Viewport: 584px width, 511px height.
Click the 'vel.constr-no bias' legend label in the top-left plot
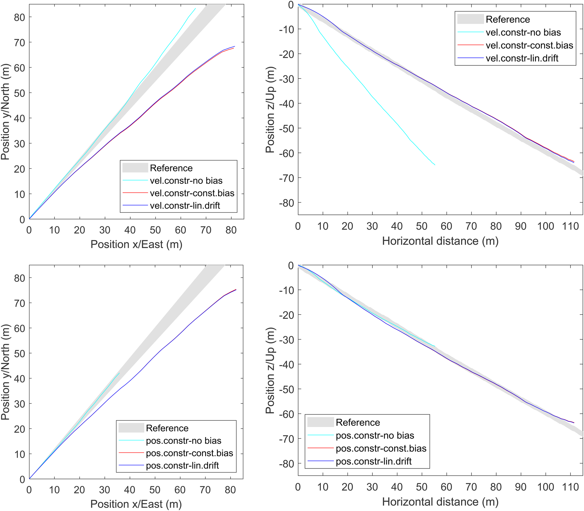(186, 180)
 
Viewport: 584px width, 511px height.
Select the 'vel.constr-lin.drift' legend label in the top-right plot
(522, 58)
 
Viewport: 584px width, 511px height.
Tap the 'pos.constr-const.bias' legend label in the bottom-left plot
(189, 453)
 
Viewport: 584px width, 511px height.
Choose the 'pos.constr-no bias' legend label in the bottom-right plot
(375, 435)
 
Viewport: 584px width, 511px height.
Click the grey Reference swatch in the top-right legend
(470, 19)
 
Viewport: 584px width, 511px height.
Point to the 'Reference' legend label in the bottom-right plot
(358, 422)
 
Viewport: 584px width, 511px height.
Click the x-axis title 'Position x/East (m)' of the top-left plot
(136, 244)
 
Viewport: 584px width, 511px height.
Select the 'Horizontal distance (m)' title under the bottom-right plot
(440, 502)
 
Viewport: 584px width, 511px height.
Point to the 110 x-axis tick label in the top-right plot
(570, 226)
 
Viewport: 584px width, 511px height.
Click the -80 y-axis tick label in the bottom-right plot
(286, 464)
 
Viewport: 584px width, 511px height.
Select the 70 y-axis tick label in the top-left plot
(19, 42)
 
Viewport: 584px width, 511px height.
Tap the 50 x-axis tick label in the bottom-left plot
(155, 490)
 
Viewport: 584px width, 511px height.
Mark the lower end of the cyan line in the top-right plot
(435, 165)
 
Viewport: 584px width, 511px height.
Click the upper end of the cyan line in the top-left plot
(195, 8)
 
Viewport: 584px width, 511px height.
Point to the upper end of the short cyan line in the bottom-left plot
(119, 373)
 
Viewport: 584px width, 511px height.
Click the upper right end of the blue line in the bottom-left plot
(236, 290)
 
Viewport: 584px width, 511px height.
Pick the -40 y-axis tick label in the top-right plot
(286, 104)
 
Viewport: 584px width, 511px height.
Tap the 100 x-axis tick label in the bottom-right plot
(546, 487)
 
